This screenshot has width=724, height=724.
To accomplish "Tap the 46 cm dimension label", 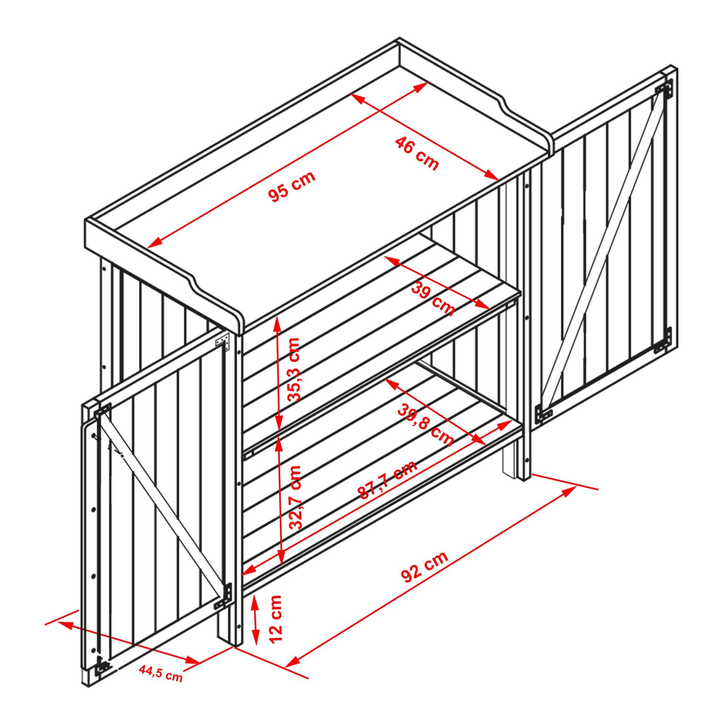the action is pos(417,154).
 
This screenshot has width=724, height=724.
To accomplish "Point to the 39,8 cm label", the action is pos(425,425).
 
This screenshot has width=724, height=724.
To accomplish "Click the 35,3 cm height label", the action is pos(293,370).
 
